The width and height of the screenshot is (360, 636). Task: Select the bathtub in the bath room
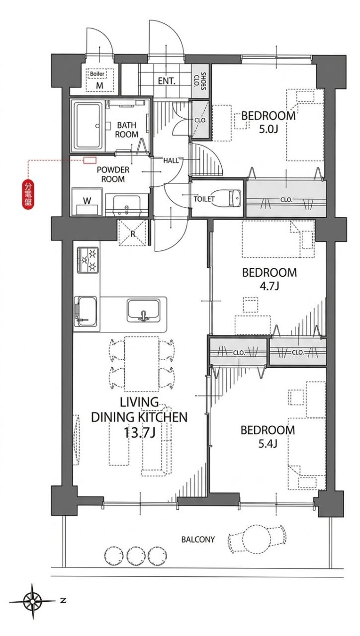pos(88,127)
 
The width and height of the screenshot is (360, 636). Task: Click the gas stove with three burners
pos(88,260)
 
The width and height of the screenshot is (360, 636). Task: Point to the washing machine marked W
pos(87,201)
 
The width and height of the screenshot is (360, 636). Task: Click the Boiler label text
pos(97,74)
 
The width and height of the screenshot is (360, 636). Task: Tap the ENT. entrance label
pos(167,81)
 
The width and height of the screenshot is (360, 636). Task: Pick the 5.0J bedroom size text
pos(268,130)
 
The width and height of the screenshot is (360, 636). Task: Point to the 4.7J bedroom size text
pos(269,286)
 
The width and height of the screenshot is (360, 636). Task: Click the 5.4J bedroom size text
pos(268,444)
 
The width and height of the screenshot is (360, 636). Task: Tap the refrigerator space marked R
pos(132,233)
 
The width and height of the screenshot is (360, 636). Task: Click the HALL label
pos(171,160)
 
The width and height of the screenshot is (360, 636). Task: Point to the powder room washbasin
pos(126,205)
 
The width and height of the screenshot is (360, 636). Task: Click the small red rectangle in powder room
pos(90,160)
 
